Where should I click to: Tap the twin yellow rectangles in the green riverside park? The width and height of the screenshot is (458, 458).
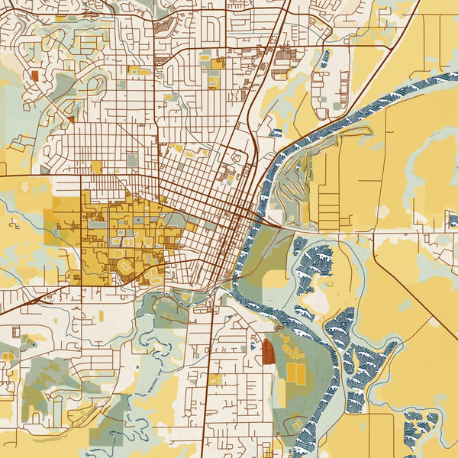[x=295, y=373]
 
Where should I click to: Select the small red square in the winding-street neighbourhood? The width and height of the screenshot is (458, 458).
[x=34, y=75]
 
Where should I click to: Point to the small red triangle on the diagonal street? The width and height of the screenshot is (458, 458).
[x=71, y=119]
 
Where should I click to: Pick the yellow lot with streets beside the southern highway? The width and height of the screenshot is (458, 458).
[x=216, y=379]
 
